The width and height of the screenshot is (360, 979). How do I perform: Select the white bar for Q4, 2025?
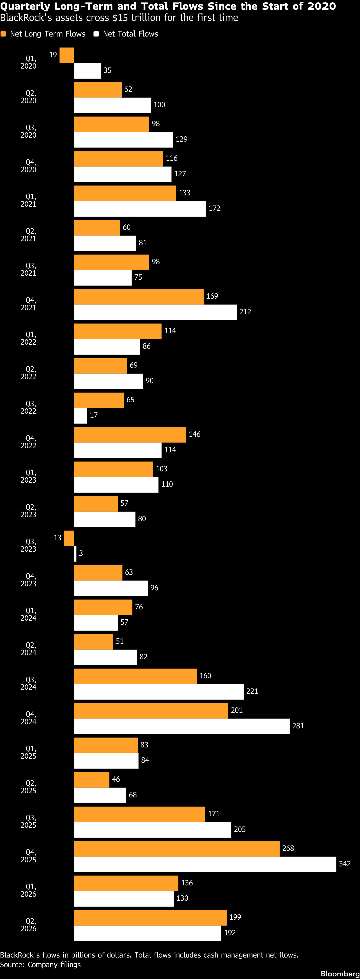point(205,864)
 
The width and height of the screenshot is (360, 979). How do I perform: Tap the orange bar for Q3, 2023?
point(69,538)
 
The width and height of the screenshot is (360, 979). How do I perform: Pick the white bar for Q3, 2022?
point(81,416)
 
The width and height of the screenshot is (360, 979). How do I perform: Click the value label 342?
point(345,864)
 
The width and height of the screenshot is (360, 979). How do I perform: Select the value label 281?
point(298,726)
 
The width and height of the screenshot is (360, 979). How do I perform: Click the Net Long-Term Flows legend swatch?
point(3,34)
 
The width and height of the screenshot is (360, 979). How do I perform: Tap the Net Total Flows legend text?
point(130,34)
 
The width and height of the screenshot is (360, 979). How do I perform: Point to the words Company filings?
point(54,965)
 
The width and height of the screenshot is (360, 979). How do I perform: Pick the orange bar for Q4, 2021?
point(139,297)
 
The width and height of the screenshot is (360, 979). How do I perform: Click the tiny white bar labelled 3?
point(75,554)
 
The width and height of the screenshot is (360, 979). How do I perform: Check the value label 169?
point(212,296)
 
